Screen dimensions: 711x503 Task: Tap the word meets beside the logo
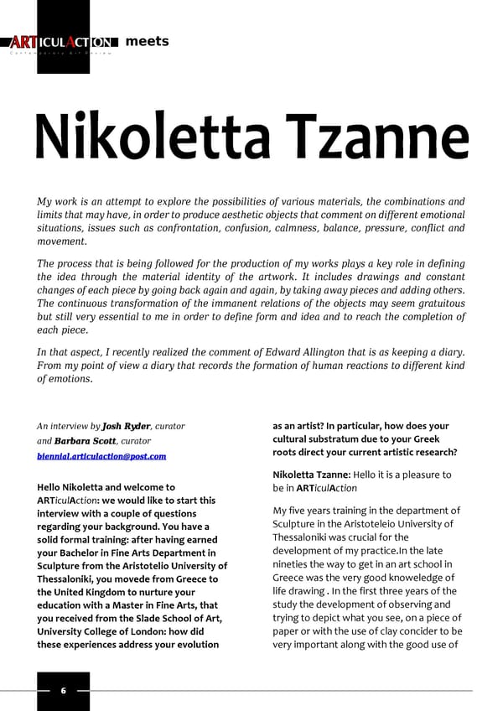(147, 41)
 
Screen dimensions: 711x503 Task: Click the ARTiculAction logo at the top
(62, 43)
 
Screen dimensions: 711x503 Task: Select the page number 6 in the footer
(63, 691)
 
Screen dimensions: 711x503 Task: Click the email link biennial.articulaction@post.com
(101, 456)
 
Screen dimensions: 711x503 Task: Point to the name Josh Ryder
(125, 426)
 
